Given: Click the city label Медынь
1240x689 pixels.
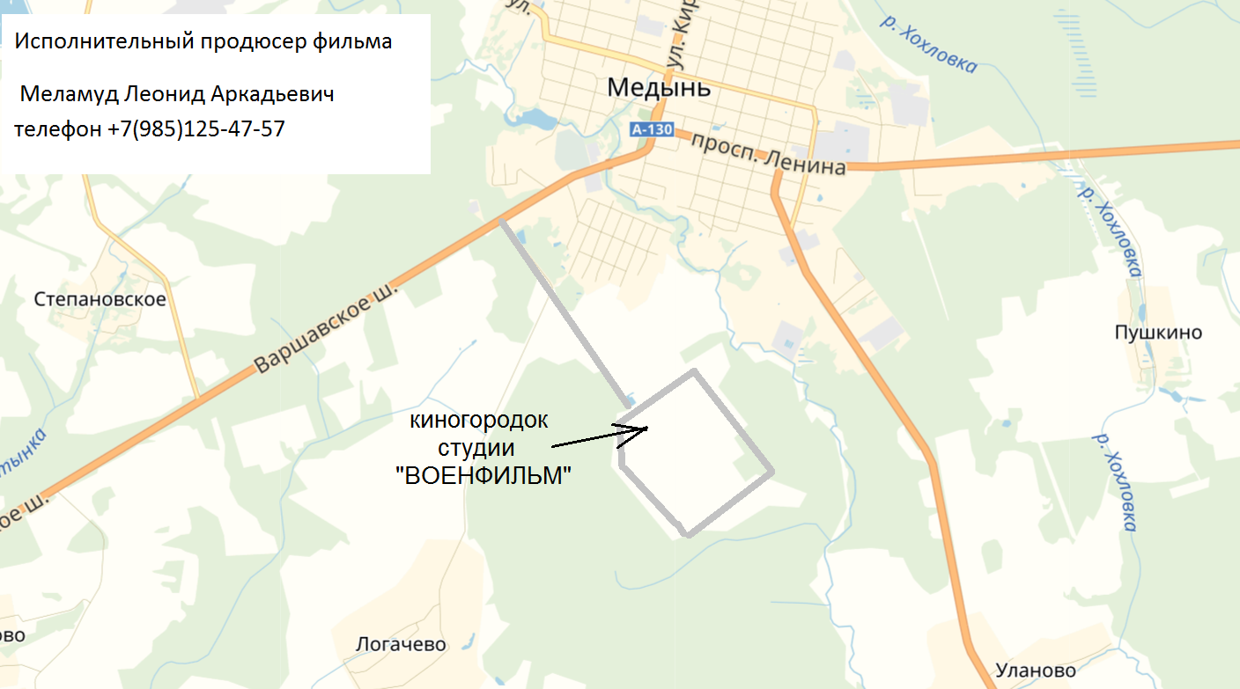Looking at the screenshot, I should (659, 89).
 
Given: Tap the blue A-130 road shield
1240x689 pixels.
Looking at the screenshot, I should (652, 130).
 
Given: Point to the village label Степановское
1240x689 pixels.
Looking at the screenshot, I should (100, 300).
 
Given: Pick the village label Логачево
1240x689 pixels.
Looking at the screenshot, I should (401, 645).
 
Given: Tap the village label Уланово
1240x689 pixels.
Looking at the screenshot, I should (1036, 671).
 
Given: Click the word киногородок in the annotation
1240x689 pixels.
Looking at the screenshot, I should (479, 421).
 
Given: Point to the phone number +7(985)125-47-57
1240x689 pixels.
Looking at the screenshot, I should (196, 128).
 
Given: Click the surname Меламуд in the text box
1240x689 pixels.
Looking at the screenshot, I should (69, 93).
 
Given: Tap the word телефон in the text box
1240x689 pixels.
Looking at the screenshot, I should (57, 128).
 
